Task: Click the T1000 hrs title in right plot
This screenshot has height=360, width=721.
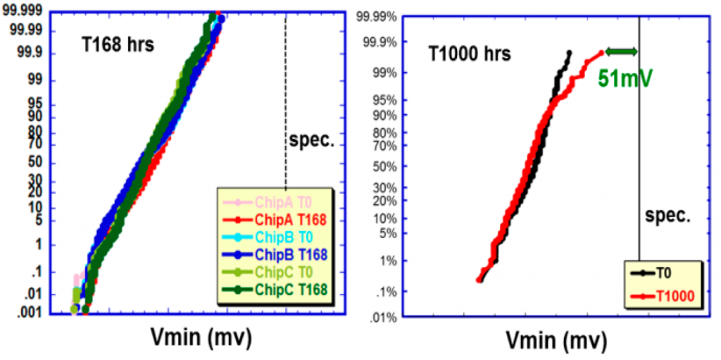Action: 470,54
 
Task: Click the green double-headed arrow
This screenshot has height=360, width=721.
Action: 621,51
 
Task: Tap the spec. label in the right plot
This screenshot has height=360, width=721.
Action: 667,216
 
